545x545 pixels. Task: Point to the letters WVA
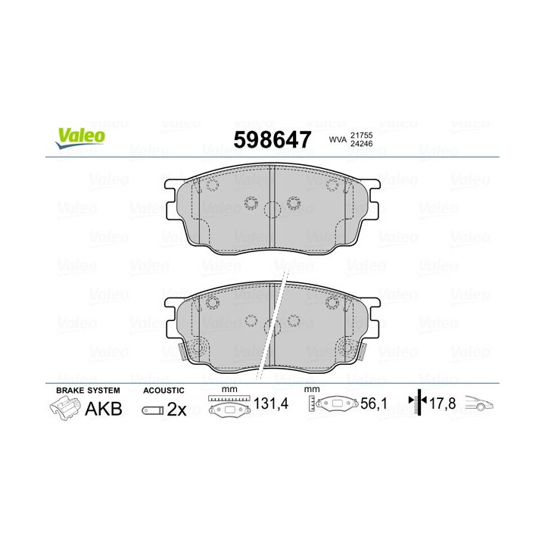pyautogui.click(x=337, y=139)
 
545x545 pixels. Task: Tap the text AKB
pyautogui.click(x=103, y=410)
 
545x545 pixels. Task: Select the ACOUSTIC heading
pyautogui.click(x=163, y=390)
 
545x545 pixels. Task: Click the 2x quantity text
pyautogui.click(x=176, y=410)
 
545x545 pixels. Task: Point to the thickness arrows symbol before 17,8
pyautogui.click(x=415, y=403)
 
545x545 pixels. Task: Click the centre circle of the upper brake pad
pyautogui.click(x=272, y=210)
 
